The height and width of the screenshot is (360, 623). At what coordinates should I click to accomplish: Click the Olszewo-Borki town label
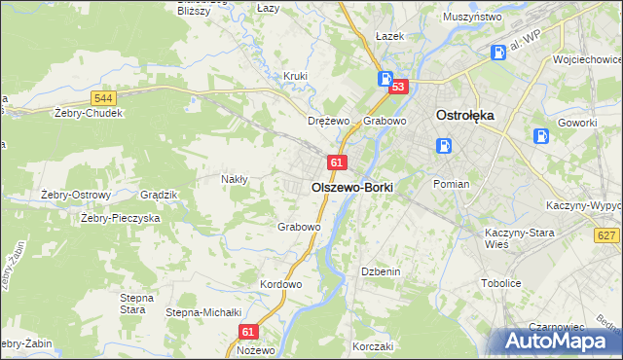pyautogui.click(x=351, y=187)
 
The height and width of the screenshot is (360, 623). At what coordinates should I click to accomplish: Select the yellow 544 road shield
pyautogui.click(x=104, y=98)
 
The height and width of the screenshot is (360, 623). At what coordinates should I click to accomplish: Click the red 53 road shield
pyautogui.click(x=397, y=88)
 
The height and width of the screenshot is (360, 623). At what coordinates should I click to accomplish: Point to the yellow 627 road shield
pyautogui.click(x=606, y=235)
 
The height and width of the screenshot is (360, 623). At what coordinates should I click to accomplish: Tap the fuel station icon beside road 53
pyautogui.click(x=385, y=80)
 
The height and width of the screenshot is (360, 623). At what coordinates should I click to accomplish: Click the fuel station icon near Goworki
pyautogui.click(x=541, y=138)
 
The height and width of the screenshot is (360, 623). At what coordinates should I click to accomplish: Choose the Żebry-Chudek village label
pyautogui.click(x=89, y=113)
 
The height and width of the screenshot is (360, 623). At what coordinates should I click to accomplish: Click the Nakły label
pyautogui.click(x=235, y=179)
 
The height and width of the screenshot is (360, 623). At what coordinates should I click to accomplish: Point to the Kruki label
pyautogui.click(x=295, y=76)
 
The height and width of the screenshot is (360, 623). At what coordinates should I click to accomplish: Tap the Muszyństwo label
pyautogui.click(x=471, y=18)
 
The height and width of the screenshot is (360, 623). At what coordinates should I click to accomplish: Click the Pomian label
pyautogui.click(x=452, y=184)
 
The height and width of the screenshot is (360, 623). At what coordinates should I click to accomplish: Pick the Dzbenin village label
pyautogui.click(x=381, y=271)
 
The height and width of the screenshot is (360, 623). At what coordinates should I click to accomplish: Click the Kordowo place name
pyautogui.click(x=281, y=284)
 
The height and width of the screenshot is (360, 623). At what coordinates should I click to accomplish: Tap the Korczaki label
pyautogui.click(x=373, y=346)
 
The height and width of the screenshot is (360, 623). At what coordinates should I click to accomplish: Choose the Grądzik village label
pyautogui.click(x=159, y=195)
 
